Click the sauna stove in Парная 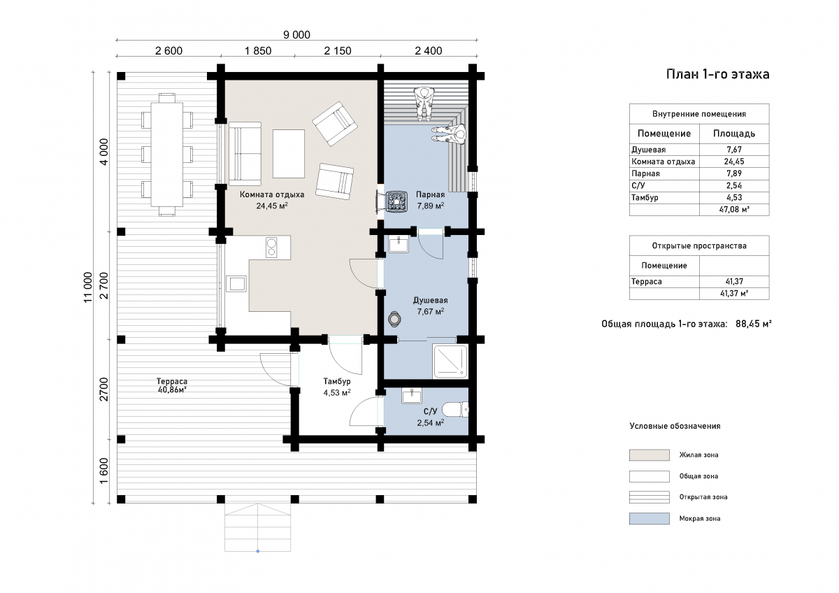coord(396,201)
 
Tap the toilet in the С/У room coord(455,410)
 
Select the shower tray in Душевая coord(450,362)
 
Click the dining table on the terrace coord(166,155)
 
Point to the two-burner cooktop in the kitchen coord(271,248)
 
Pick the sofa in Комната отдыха coord(245,154)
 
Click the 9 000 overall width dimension coord(296,35)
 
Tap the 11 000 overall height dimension coord(87,287)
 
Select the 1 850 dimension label coord(258,50)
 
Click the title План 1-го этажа coord(717,74)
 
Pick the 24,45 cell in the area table coord(734,162)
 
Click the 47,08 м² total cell coord(734,209)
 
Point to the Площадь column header coord(734,134)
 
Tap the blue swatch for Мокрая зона coord(649,518)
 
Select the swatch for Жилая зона coord(649,455)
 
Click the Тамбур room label coord(337,381)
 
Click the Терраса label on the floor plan coord(172,381)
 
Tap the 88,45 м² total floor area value coord(753,324)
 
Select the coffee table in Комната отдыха coord(288,154)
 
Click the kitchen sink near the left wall coord(236,284)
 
